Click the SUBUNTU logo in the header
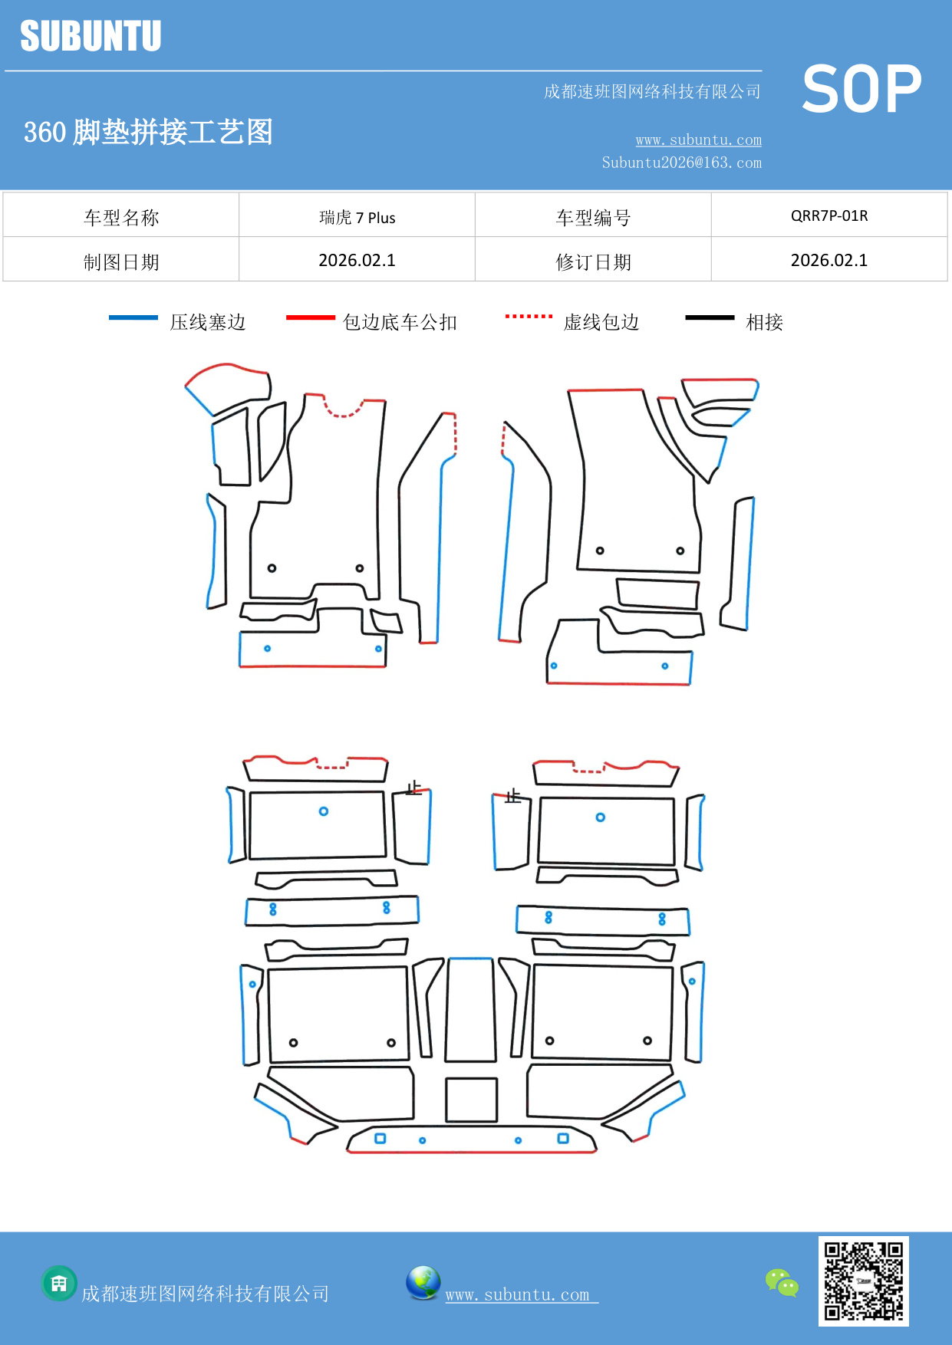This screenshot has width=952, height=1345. click(x=91, y=36)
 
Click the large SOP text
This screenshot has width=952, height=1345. click(x=861, y=89)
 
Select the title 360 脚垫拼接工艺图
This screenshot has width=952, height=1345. click(x=148, y=132)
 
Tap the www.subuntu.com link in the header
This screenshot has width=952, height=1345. click(x=698, y=140)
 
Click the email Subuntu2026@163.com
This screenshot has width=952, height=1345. click(x=681, y=163)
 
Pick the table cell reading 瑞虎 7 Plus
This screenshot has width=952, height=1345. click(x=357, y=217)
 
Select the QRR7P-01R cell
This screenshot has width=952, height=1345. click(x=828, y=215)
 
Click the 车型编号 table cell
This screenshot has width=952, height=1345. click(x=592, y=218)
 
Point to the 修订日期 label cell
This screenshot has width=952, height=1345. click(x=592, y=261)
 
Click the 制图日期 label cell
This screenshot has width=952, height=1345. click(x=121, y=261)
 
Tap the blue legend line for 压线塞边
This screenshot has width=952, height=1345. click(x=133, y=317)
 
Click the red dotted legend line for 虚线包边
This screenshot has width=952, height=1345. click(x=529, y=316)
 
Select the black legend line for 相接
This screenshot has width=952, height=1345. click(x=710, y=317)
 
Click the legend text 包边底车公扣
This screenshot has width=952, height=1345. click(x=400, y=322)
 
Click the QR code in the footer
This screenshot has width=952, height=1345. click(x=863, y=1281)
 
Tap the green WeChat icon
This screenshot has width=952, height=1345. click(x=782, y=1282)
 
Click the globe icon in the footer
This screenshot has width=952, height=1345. click(x=423, y=1282)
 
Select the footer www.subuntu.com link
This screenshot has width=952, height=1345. click(x=520, y=1294)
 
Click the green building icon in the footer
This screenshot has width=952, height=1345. click(x=59, y=1283)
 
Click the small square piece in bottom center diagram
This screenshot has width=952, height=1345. click(x=471, y=1100)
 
